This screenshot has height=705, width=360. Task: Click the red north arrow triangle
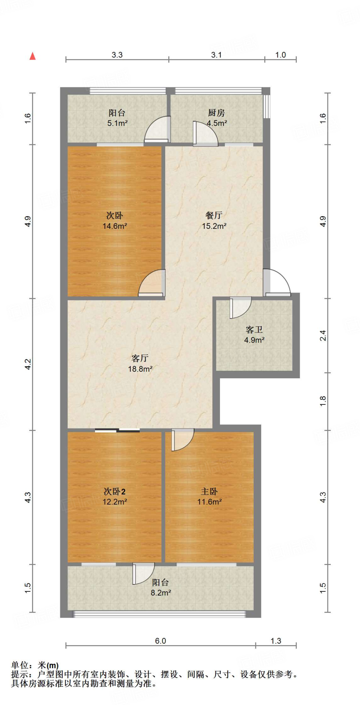33,56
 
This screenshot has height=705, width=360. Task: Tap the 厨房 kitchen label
216,113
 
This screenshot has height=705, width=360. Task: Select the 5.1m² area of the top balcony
117,123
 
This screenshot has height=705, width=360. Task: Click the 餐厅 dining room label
214,215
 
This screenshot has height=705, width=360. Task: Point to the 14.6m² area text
115,226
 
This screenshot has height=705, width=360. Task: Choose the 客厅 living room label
140,358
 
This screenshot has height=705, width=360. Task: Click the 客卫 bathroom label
254,330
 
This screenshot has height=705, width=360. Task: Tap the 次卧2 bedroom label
115,492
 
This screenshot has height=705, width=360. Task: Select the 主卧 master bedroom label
209,492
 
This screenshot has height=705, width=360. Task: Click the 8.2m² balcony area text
161,593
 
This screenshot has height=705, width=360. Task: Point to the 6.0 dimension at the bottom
160,641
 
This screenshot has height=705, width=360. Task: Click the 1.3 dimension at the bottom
276,641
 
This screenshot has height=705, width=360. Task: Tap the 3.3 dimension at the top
117,55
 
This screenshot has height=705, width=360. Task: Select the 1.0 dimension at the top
280,55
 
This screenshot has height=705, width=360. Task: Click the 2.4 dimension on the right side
323,335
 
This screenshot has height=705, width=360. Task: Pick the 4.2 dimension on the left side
28,364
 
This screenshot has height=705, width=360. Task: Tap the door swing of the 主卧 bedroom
182,440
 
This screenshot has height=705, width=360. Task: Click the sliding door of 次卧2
117,430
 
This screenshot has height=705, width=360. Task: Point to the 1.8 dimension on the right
323,401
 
